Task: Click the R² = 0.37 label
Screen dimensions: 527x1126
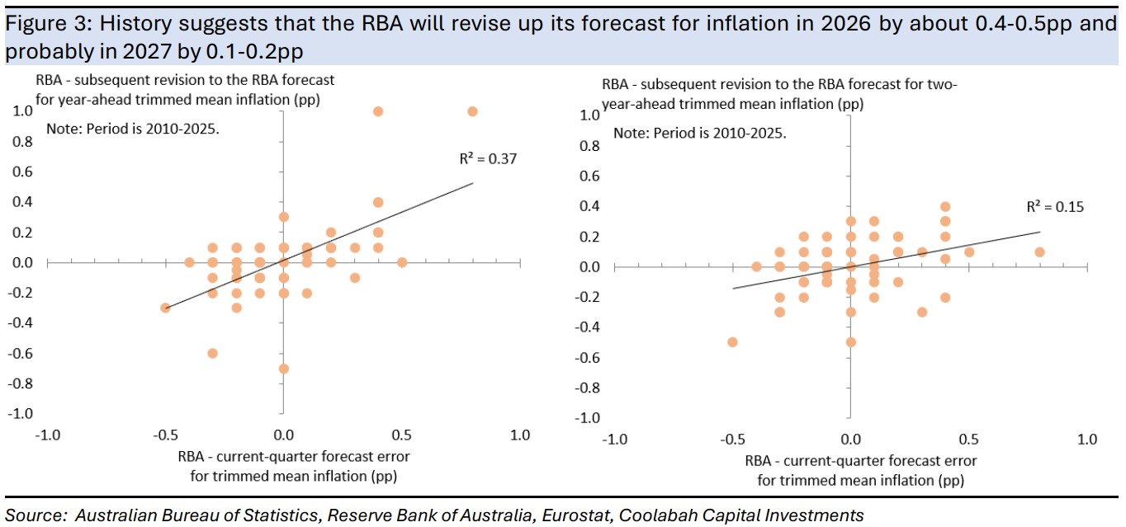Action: [488, 159]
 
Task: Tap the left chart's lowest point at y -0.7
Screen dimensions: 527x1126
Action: [283, 368]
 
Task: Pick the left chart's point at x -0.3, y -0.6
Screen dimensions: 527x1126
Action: [212, 353]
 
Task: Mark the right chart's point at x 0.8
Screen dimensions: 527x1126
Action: [1039, 252]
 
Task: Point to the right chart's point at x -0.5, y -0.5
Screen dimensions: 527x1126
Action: [731, 341]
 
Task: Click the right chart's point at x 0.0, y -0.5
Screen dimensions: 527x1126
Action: [850, 341]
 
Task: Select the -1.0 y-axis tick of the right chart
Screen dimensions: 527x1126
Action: [588, 417]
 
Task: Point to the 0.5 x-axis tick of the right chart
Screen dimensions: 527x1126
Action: [968, 440]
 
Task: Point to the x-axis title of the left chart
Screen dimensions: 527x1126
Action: [294, 465]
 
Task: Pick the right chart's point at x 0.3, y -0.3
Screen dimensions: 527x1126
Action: [922, 312]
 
